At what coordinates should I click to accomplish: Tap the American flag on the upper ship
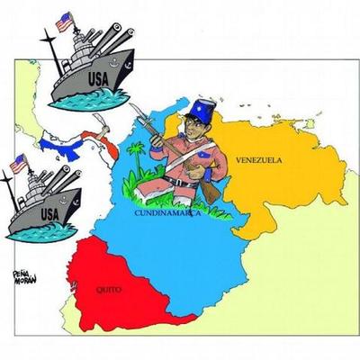click(64, 21)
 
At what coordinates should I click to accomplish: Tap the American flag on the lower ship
click(18, 163)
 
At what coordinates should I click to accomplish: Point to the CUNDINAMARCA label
click(166, 214)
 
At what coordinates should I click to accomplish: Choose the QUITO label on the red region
click(107, 290)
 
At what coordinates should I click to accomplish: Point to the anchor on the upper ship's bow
click(127, 62)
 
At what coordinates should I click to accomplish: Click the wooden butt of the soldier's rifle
click(209, 192)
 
